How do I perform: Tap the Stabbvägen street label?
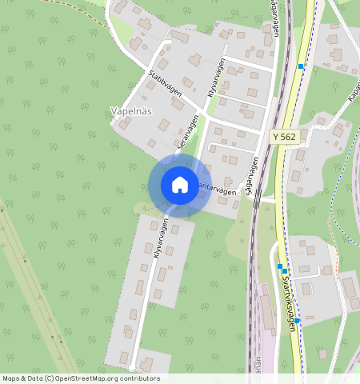[x=165, y=82]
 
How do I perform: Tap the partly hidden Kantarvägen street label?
[x=216, y=193]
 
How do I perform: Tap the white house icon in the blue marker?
[x=180, y=185]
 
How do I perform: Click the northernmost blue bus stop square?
[x=301, y=66]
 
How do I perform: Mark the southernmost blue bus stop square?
[x=297, y=320]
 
